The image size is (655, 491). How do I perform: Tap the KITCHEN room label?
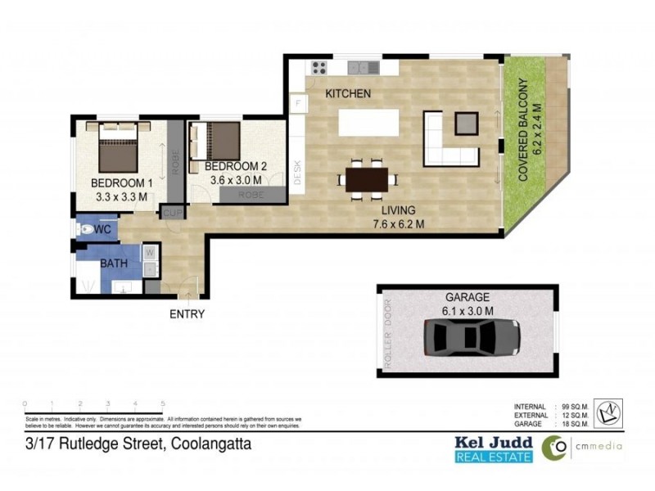348,94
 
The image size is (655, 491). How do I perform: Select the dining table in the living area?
366,178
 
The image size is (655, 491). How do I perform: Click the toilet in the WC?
85,230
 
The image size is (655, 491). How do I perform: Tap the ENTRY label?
187,313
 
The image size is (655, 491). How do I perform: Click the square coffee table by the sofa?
465,123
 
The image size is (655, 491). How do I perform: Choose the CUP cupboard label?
172,213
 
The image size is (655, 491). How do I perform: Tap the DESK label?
297,171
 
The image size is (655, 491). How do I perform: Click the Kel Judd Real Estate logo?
494,448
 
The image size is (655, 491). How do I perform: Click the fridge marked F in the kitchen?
298,104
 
